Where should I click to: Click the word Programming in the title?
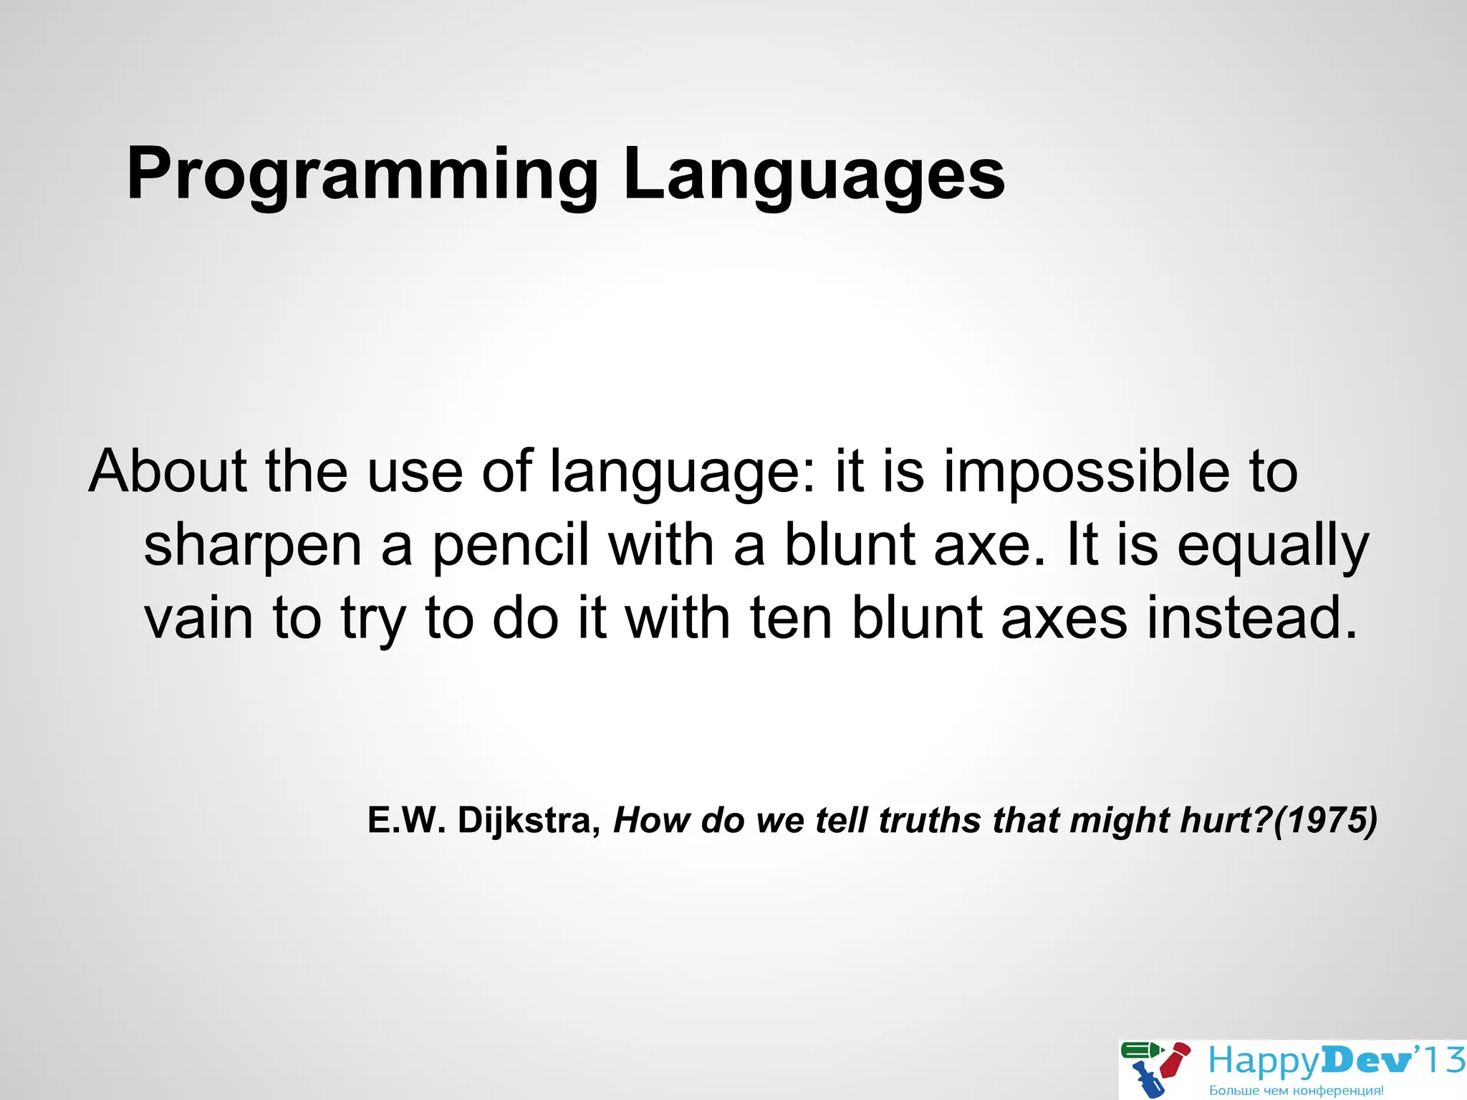(x=362, y=175)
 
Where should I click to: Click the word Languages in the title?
(x=814, y=175)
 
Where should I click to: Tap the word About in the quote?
(x=168, y=471)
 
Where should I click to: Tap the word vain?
(x=198, y=617)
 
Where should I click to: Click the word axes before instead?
(x=1064, y=619)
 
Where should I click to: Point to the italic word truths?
(x=929, y=820)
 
